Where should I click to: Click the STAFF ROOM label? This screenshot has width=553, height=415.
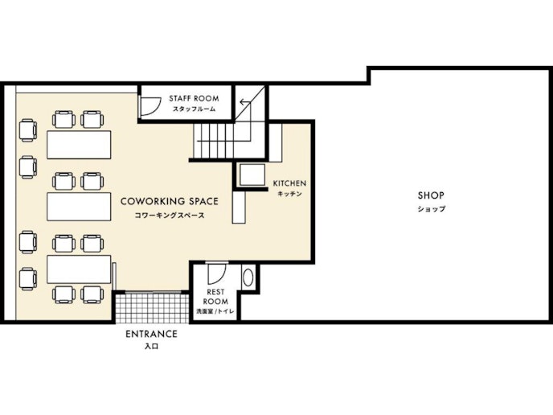(194, 98)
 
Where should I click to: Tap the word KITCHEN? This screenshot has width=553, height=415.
(289, 183)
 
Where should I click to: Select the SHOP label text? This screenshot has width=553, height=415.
(431, 195)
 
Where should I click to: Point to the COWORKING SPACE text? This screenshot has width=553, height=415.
(170, 202)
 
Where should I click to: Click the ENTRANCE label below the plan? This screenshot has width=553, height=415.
(151, 334)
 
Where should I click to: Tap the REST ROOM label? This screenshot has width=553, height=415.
(215, 297)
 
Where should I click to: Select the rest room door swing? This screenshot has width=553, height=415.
(216, 273)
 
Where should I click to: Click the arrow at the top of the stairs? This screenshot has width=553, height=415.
(245, 103)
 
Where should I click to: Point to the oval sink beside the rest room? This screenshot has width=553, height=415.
(248, 277)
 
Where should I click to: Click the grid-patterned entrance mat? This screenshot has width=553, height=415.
(153, 308)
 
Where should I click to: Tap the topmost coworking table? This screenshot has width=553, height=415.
(79, 145)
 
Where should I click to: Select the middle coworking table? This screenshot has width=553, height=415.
(79, 207)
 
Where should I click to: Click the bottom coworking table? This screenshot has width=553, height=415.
(79, 269)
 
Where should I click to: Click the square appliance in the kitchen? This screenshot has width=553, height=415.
(252, 175)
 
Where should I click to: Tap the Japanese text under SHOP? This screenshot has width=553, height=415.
(432, 209)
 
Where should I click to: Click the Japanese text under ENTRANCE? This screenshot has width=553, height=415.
(151, 346)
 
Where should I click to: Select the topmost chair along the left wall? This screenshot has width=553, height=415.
(28, 130)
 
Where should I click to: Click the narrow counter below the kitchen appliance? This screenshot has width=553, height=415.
(239, 207)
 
